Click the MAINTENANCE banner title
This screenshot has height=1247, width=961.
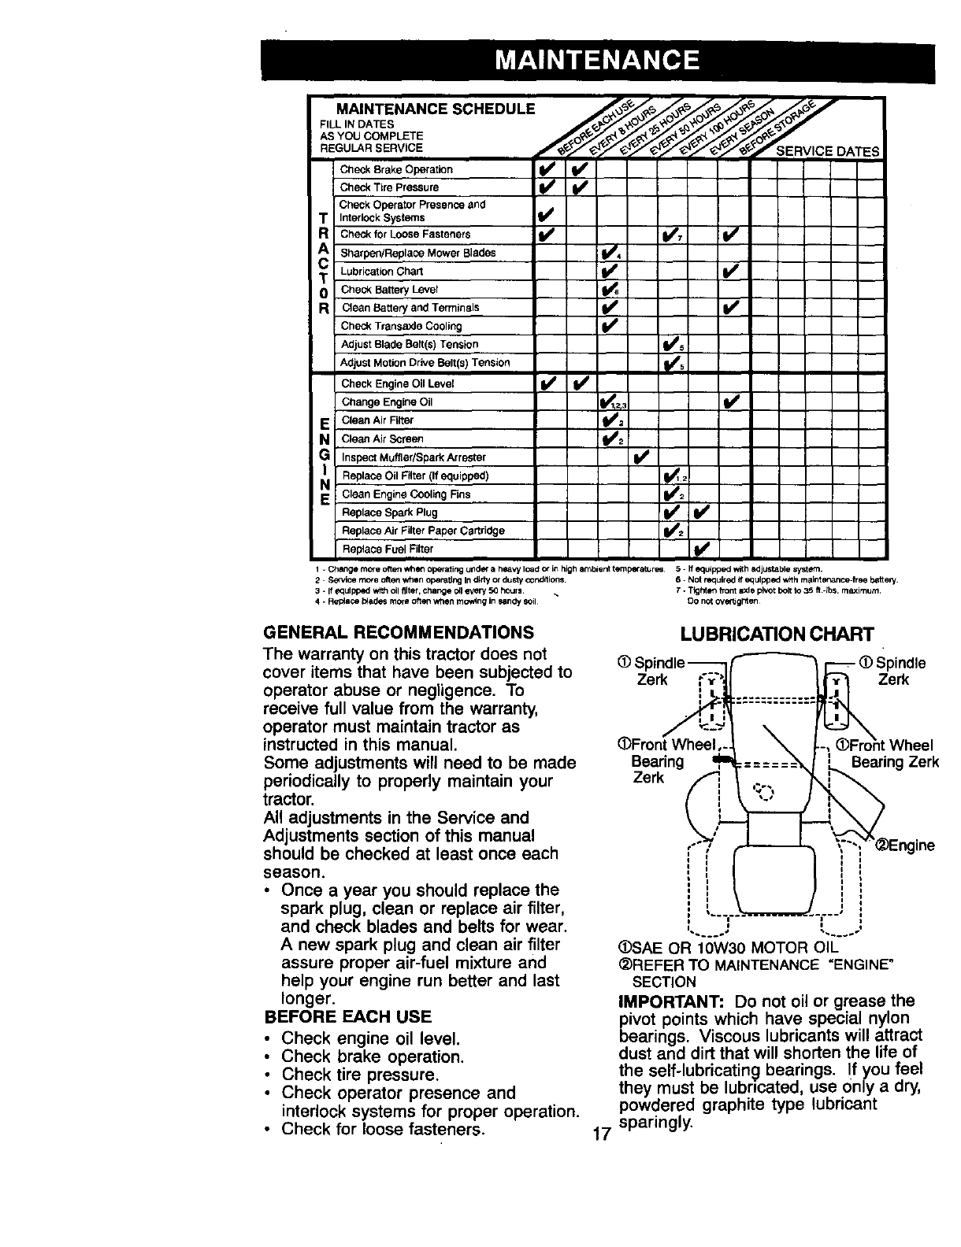[598, 60]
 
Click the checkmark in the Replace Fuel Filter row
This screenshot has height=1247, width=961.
[703, 549]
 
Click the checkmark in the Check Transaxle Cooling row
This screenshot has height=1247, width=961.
[610, 326]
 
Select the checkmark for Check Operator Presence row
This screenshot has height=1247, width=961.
[548, 211]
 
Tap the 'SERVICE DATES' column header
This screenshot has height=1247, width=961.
[828, 151]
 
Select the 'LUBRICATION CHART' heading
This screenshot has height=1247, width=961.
[777, 634]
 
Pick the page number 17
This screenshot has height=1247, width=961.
[602, 1134]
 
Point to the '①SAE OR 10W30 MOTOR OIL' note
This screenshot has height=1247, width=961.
[730, 947]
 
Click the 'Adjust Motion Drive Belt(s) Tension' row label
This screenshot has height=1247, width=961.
[425, 363]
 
